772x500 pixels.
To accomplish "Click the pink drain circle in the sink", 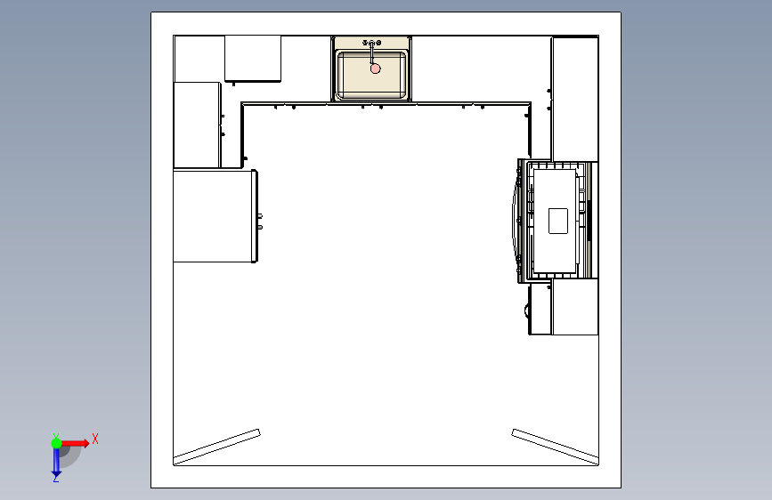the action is pos(375,69).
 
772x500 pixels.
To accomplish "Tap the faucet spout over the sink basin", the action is pos(371,54).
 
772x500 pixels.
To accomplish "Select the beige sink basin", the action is pos(371,75).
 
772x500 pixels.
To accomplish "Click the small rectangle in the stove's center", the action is pos(557,221).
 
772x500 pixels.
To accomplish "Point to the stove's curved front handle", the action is pos(514,220).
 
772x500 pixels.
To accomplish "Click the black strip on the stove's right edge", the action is pos(589,220).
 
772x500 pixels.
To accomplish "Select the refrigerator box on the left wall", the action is pos(215,216).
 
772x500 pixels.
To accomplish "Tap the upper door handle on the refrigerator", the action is pos(260,216).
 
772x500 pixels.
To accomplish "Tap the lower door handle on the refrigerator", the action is pos(260,227).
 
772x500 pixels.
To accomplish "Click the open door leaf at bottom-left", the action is pos(216,447).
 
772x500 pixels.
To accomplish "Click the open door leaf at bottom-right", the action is pos(556,447).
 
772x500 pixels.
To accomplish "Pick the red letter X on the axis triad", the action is pos(95,439).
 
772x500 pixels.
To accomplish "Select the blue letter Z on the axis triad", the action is pos(55,478).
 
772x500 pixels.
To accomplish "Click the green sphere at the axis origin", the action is pos(57,443).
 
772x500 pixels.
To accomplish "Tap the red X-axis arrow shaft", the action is pos(72,443).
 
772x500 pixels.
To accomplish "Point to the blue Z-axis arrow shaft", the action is pos(57,460).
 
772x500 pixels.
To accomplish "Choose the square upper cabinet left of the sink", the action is pos(253,58).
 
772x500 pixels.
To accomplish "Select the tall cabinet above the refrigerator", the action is pos(197,125).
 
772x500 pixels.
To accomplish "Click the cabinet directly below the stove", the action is pos(574,307).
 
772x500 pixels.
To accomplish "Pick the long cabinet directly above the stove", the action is pos(574,99).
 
